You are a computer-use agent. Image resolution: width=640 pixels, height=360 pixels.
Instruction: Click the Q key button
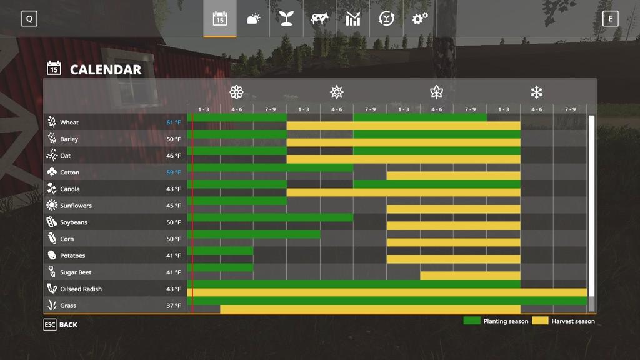tap(29, 19)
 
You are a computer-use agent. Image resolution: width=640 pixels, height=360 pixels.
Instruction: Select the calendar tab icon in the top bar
tap(219, 19)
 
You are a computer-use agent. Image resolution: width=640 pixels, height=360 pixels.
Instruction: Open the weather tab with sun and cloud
tap(253, 19)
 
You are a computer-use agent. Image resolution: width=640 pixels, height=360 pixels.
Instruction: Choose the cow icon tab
tap(319, 19)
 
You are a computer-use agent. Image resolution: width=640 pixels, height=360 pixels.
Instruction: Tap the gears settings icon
tap(419, 19)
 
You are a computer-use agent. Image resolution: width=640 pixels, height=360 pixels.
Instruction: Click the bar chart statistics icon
tap(353, 19)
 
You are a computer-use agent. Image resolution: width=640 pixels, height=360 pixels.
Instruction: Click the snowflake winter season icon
tap(536, 92)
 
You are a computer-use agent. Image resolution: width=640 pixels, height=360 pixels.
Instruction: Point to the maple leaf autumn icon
tap(436, 92)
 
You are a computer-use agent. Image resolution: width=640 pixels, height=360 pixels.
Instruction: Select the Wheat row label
tap(69, 122)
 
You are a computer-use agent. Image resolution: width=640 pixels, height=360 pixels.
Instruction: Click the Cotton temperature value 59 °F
tap(173, 172)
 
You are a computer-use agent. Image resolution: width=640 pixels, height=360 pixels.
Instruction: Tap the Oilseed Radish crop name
tap(81, 289)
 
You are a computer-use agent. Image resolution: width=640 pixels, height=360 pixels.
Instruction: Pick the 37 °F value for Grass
tap(173, 306)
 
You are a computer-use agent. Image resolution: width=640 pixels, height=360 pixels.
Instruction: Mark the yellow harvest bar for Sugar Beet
tap(470, 276)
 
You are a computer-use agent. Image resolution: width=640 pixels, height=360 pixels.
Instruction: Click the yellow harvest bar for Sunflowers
tap(453, 209)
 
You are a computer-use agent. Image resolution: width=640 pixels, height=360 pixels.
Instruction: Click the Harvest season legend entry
tap(564, 321)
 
